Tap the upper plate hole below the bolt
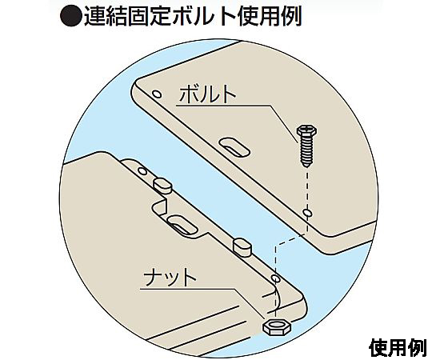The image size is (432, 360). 307,213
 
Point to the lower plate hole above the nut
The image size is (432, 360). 275,278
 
